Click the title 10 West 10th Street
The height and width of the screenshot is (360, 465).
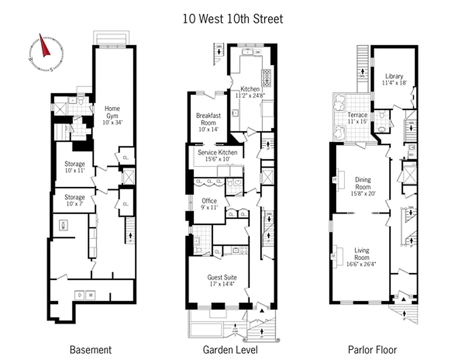click(232, 19)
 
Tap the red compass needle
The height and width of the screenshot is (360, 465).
click(45, 46)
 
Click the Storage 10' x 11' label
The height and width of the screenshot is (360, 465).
click(74, 167)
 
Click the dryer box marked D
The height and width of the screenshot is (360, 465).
click(80, 295)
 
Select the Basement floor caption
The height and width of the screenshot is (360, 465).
click(90, 350)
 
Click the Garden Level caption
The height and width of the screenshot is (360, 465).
click(230, 350)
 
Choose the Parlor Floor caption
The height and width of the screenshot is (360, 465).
click(372, 350)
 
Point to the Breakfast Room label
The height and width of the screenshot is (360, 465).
click(208, 122)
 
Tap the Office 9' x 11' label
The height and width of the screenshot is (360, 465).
click(209, 204)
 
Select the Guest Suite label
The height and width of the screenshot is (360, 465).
click(222, 281)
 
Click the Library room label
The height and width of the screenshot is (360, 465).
click(394, 79)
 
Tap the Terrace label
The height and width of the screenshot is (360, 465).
click(358, 118)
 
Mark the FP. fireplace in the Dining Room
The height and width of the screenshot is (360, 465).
click(334, 179)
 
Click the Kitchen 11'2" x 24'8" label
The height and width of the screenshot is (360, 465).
click(250, 92)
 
